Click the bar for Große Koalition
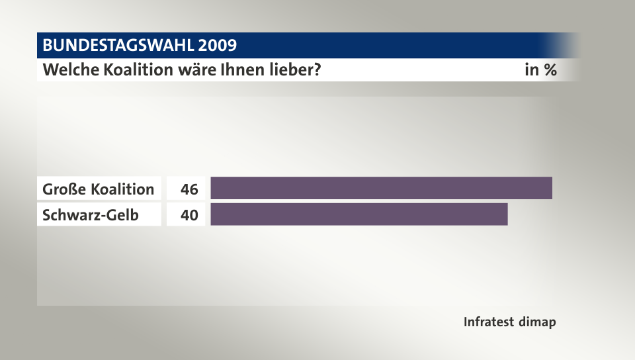(x=381, y=189)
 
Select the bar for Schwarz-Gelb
(x=359, y=214)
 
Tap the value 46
(x=189, y=189)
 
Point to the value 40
(x=189, y=214)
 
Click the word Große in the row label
(x=64, y=189)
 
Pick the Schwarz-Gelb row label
(x=91, y=214)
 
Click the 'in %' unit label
(x=540, y=69)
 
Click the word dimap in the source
(x=538, y=322)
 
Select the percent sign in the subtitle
(x=550, y=69)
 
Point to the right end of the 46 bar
(x=550, y=189)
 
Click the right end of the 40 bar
(x=506, y=214)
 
